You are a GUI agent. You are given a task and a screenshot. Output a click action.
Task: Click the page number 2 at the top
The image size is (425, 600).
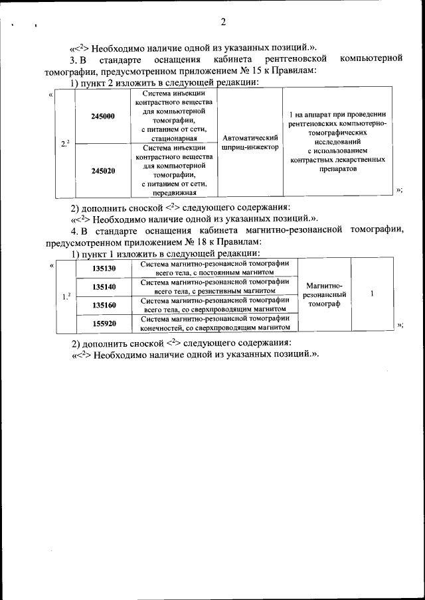coord(222,21)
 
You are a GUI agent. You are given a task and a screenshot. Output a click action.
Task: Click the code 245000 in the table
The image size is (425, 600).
coord(103,116)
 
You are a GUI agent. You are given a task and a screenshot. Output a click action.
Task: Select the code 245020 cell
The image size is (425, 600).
coord(103,170)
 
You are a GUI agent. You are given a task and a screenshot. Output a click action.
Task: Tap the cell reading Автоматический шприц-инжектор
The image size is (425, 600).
coord(249,142)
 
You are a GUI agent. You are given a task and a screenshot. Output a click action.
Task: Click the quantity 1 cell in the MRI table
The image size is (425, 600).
coord(372,293)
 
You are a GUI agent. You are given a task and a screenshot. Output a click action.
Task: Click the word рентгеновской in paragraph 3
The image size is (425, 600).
coord(297,60)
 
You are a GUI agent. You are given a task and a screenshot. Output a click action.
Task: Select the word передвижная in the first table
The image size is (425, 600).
coord(174,193)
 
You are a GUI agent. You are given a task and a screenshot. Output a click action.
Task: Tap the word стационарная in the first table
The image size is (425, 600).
coord(174,139)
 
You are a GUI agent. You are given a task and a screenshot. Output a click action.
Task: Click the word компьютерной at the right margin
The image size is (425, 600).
coord(371,60)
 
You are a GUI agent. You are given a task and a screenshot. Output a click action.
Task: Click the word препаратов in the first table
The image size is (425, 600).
coord(338,169)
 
